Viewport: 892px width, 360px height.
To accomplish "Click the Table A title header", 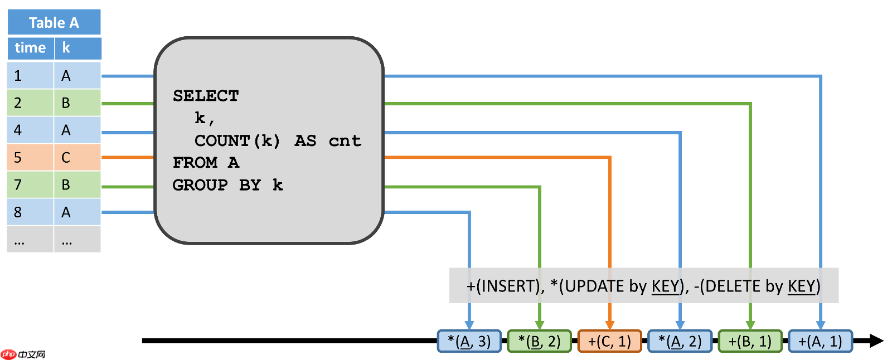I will pyautogui.click(x=54, y=22).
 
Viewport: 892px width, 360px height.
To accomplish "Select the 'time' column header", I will pyautogui.click(x=30, y=48).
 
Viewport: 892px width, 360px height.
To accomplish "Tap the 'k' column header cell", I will pyautogui.click(x=77, y=48).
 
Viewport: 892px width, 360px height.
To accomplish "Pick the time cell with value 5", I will pyautogui.click(x=30, y=158).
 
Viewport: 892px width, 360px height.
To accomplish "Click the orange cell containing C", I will pyautogui.click(x=77, y=158).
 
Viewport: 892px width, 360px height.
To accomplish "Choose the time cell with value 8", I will pyautogui.click(x=30, y=212).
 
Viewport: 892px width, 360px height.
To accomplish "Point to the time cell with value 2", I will pyautogui.click(x=30, y=103).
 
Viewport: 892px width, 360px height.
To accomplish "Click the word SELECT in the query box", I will pyautogui.click(x=206, y=96).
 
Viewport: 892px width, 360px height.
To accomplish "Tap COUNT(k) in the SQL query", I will pyautogui.click(x=237, y=140).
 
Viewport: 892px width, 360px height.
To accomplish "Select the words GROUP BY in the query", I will pyautogui.click(x=216, y=185).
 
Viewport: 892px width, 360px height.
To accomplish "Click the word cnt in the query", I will pyautogui.click(x=345, y=140).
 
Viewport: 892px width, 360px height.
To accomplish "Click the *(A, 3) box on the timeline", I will pyautogui.click(x=469, y=341).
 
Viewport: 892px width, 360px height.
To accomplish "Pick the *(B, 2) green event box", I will pyautogui.click(x=539, y=341).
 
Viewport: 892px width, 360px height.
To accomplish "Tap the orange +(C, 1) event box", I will pyautogui.click(x=609, y=341).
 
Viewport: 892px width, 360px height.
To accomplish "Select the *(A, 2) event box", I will pyautogui.click(x=680, y=341).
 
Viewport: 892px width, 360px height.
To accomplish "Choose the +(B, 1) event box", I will pyautogui.click(x=750, y=341).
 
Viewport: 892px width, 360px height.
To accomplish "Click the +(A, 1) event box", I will pyautogui.click(x=820, y=341).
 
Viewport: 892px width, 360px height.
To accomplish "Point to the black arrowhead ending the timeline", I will pyautogui.click(x=875, y=340).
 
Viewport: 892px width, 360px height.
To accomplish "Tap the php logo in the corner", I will pyautogui.click(x=9, y=354).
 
